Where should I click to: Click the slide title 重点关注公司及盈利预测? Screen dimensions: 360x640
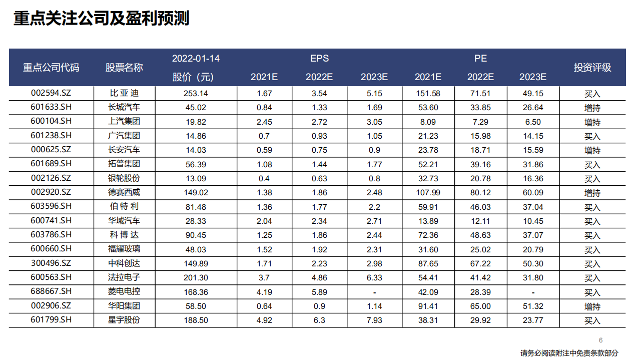tap(101, 19)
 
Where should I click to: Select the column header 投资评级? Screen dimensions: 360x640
tap(592, 68)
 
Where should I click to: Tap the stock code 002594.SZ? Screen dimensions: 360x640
tap(51, 93)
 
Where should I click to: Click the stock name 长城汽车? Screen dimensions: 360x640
tap(125, 107)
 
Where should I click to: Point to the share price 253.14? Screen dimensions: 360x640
tap(196, 93)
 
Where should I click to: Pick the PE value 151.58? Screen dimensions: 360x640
tap(428, 93)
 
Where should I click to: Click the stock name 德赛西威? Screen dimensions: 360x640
tap(125, 192)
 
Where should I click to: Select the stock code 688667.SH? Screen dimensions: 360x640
tap(51, 292)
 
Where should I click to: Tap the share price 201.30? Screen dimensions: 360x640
tap(196, 278)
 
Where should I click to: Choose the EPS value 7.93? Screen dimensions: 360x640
tap(374, 320)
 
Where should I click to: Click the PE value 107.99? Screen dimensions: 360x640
tap(428, 192)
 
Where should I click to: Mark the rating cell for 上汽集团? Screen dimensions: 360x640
tap(592, 122)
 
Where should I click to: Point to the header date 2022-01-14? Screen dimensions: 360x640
tap(196, 59)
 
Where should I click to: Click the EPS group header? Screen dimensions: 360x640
tap(319, 59)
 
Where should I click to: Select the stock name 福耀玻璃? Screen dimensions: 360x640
tap(125, 249)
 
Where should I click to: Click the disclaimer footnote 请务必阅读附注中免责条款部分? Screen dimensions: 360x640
tap(569, 353)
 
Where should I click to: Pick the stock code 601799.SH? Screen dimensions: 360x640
tap(51, 320)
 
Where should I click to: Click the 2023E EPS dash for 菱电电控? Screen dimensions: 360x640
tap(374, 292)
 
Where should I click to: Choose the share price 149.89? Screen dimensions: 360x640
tap(196, 264)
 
